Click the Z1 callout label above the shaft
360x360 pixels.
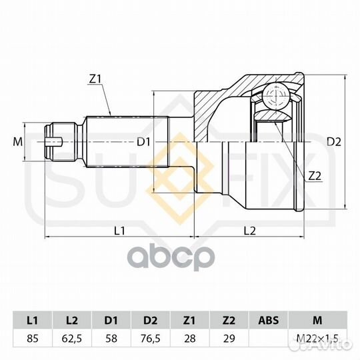coord(95,79)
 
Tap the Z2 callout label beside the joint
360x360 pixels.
coord(315,176)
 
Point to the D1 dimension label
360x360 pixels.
coord(143,142)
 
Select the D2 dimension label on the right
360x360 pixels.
coord(334,142)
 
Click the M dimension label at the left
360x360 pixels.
coord(18,142)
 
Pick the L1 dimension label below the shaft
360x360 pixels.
coord(119,231)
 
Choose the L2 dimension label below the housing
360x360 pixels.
coord(250,231)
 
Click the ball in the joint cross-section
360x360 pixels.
coord(276,95)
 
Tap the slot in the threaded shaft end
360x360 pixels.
coord(55,142)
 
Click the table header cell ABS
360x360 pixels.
coord(269,320)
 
